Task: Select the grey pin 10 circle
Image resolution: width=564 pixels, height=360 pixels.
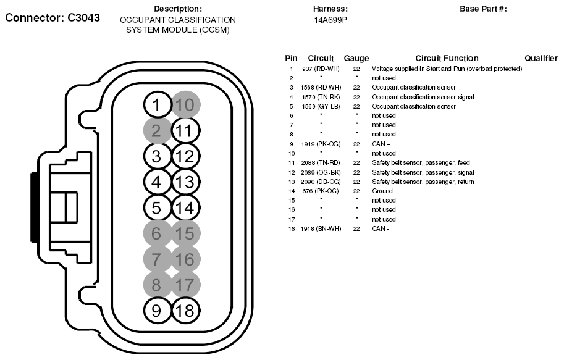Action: [x=183, y=105]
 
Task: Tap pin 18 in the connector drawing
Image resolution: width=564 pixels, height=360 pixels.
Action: [x=183, y=311]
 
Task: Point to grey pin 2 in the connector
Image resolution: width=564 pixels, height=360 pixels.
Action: [x=156, y=131]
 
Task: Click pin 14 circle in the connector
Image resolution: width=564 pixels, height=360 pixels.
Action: [x=183, y=207]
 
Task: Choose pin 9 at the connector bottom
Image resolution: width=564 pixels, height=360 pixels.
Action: [x=156, y=311]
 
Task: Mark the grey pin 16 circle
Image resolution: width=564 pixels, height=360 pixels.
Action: [x=183, y=259]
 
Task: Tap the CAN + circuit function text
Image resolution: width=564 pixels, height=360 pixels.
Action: [x=381, y=144]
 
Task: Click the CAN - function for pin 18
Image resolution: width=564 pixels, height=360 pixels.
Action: [x=381, y=228]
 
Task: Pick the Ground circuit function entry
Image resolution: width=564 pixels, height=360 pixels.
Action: [x=382, y=191]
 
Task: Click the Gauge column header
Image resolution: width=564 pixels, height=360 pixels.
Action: [x=356, y=58]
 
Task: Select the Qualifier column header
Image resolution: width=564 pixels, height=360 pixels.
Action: [x=541, y=58]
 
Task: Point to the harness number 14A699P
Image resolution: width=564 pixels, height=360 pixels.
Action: [x=330, y=20]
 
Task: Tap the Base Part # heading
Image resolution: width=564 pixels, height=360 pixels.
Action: [x=483, y=9]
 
